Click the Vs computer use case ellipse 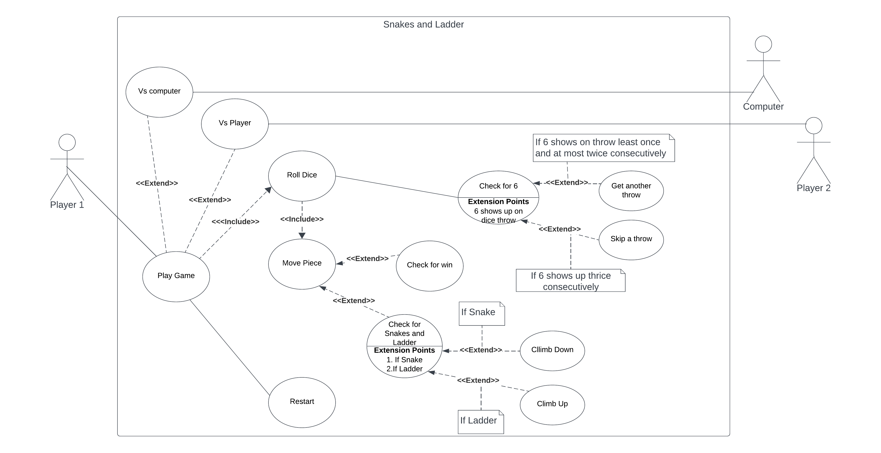click(x=159, y=92)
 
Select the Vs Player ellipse click(x=235, y=123)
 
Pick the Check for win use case click(x=429, y=265)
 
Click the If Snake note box click(x=481, y=313)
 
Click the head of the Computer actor click(x=763, y=44)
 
